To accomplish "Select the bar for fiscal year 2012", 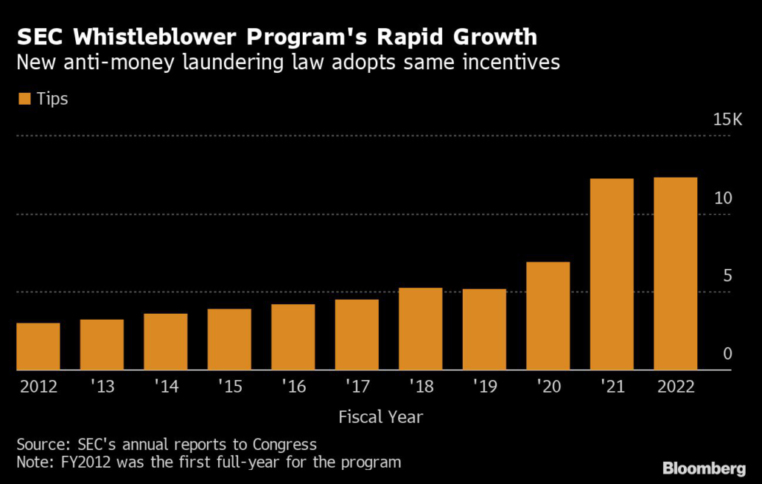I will pos(38,346).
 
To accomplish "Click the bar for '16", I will pos(292,337).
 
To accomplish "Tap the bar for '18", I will pos(420,329).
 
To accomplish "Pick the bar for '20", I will pos(548,316).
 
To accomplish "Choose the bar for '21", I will pos(612,274).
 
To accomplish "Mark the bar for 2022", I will pos(675,274).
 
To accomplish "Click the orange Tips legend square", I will pos(24,99).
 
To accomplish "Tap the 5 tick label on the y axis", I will pos(728,276).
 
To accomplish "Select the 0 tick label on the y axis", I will pos(728,354).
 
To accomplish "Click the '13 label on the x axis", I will pos(102,387).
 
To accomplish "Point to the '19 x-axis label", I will pos(484,387).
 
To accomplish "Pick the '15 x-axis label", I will pos(229,387).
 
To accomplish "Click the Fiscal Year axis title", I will pos(381,416).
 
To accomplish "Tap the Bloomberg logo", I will pos(705,468).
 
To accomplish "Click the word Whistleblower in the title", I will pos(149,36).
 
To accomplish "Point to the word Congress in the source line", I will pos(281,445).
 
